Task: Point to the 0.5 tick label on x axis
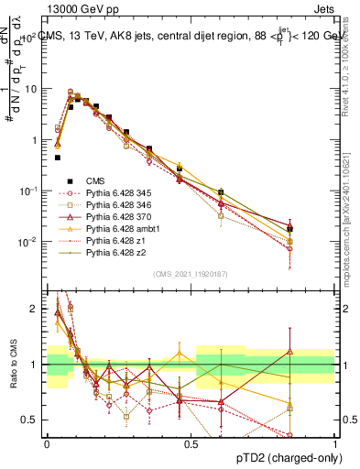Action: (x=191, y=442)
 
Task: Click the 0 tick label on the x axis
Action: (x=47, y=442)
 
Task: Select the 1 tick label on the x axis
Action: (x=334, y=442)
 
